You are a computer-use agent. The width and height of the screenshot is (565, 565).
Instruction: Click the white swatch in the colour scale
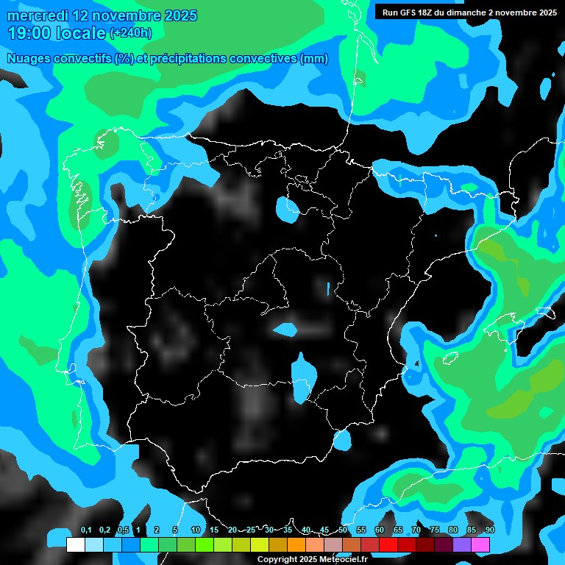[75, 545]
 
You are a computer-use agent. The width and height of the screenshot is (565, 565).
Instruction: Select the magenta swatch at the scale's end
[480, 545]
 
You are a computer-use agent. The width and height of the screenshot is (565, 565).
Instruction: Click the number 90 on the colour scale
[490, 530]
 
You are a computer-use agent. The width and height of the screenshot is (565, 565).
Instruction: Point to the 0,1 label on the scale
[86, 530]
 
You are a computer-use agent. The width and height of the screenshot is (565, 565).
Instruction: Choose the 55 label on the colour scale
[361, 530]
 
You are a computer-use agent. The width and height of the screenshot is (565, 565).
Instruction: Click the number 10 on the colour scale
[195, 530]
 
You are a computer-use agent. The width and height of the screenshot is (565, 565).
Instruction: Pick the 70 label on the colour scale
[416, 530]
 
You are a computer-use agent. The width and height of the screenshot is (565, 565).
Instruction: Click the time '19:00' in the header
[29, 32]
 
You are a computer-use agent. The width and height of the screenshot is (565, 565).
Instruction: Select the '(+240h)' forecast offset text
[131, 33]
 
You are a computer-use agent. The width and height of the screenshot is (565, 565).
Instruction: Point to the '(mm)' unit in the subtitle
[314, 59]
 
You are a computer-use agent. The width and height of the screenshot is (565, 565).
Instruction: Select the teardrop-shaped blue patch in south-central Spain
[301, 377]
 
